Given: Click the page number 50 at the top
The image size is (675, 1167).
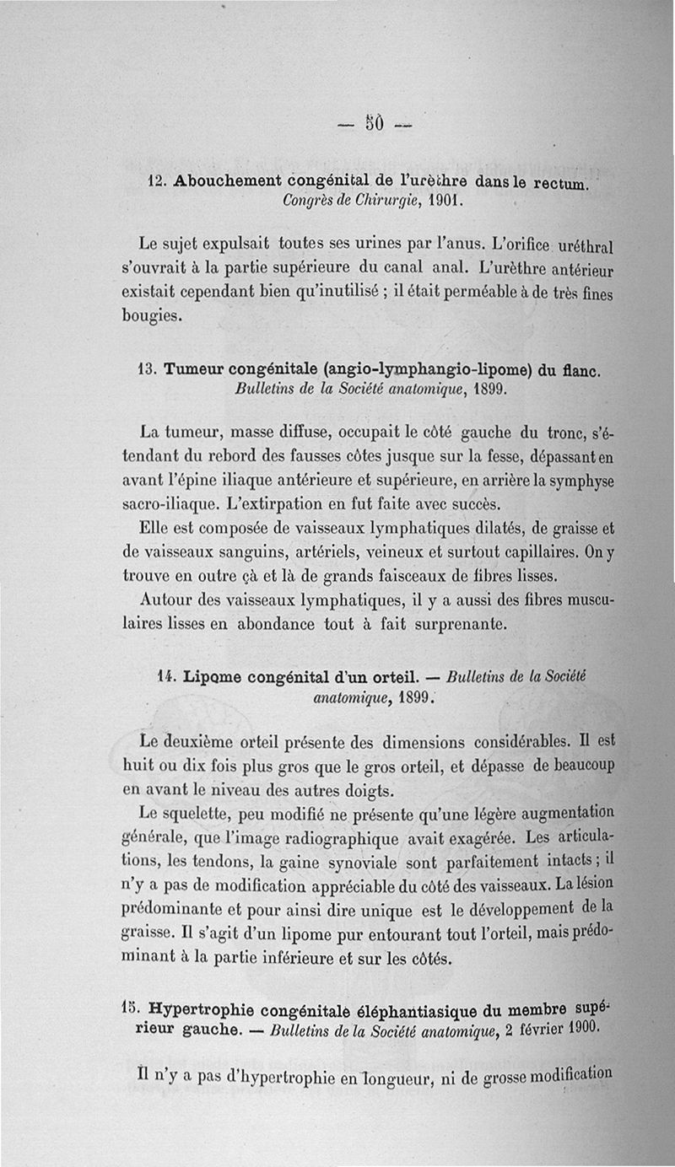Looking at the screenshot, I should pyautogui.click(x=375, y=123).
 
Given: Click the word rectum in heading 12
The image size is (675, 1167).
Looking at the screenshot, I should pyautogui.click(x=564, y=184).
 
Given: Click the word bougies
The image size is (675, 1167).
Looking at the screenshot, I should pyautogui.click(x=152, y=317).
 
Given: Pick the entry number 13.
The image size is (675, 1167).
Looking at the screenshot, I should pyautogui.click(x=147, y=370).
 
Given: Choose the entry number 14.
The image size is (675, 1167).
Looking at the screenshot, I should pyautogui.click(x=166, y=677).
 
